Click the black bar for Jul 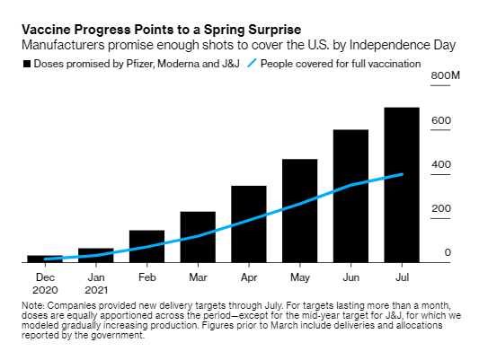(x=402, y=185)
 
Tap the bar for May (x=299, y=211)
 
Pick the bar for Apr (x=248, y=224)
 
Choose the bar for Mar (x=198, y=237)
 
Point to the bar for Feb (x=146, y=246)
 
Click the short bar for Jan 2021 (x=95, y=255)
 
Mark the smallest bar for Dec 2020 (x=44, y=259)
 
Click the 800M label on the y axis (x=448, y=77)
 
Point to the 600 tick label (x=442, y=121)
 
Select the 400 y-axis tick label (x=442, y=165)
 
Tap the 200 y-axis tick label (x=442, y=209)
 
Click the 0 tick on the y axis (x=448, y=253)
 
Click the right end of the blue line (x=402, y=174)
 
